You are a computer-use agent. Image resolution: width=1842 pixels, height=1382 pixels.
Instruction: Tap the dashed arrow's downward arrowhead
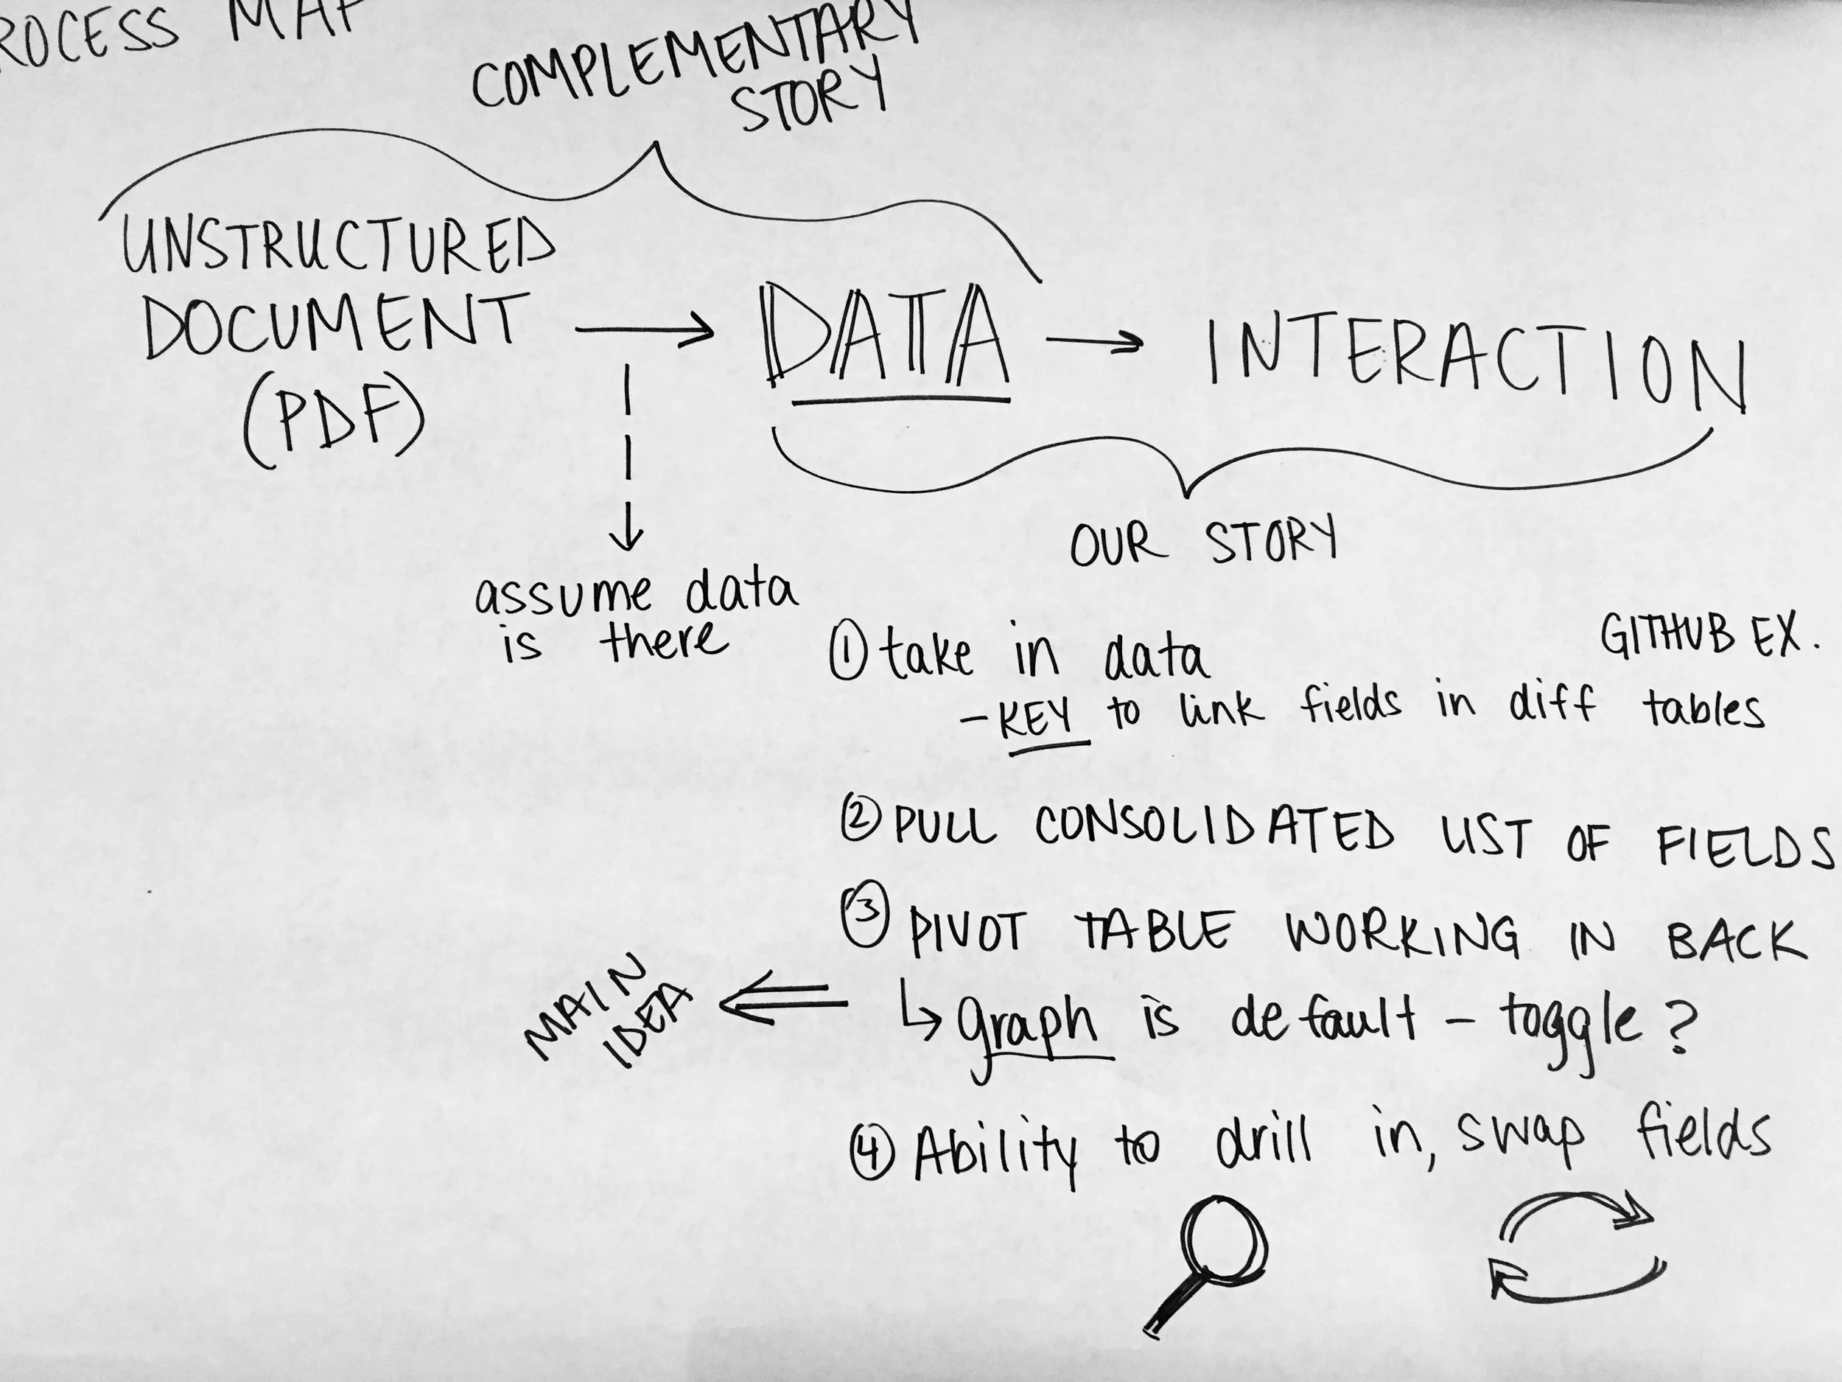point(627,537)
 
